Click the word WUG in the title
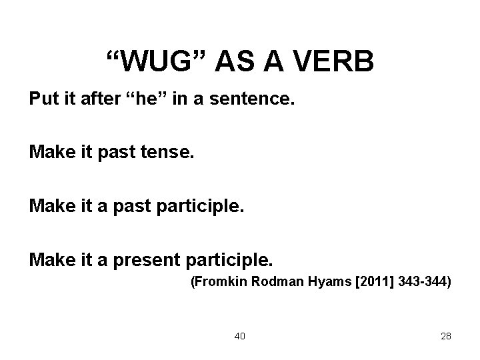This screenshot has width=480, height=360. point(159,62)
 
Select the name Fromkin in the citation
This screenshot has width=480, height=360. point(215,283)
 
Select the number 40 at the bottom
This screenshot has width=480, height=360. point(239,336)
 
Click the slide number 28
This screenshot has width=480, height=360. point(446,336)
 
